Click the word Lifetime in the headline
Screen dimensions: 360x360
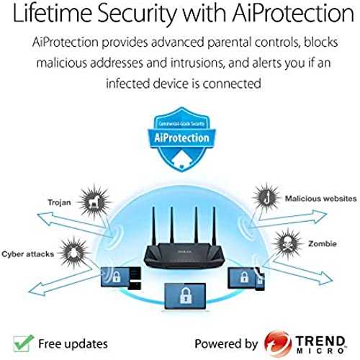pyautogui.click(x=52, y=13)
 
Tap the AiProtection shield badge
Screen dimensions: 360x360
pyautogui.click(x=181, y=139)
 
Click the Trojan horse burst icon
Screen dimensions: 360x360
pyautogui.click(x=94, y=202)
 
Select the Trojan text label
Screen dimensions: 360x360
pyautogui.click(x=59, y=202)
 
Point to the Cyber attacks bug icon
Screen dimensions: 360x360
pyautogui.click(x=73, y=253)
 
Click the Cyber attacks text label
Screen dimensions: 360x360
pyautogui.click(x=27, y=254)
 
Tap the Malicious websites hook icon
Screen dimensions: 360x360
pyautogui.click(x=266, y=197)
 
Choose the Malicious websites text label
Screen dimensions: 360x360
pyautogui.click(x=320, y=199)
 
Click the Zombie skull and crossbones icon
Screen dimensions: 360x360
pyautogui.click(x=288, y=244)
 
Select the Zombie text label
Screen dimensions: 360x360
pyautogui.click(x=323, y=243)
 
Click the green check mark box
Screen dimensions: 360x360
pyautogui.click(x=23, y=343)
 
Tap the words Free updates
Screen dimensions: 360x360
pyautogui.click(x=73, y=344)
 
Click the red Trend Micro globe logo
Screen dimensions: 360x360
pyautogui.click(x=278, y=343)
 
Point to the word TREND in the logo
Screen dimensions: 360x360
pyautogui.click(x=320, y=341)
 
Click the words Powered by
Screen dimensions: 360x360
pyautogui.click(x=226, y=344)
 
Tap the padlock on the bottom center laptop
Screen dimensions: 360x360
pyautogui.click(x=185, y=295)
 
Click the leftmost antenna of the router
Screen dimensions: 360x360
pyautogui.click(x=154, y=225)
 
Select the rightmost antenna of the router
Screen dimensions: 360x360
pyautogui.click(x=214, y=225)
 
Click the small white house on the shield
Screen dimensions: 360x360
pyautogui.click(x=181, y=160)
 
